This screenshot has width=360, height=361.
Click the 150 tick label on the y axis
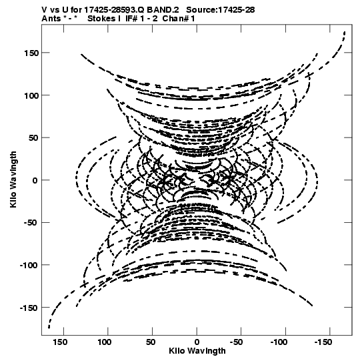click(31, 53)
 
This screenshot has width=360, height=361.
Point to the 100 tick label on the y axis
click(31, 95)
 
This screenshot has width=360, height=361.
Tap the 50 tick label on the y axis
click(34, 138)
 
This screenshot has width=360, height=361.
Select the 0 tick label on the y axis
click(35, 180)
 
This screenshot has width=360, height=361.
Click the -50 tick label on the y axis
click(31, 223)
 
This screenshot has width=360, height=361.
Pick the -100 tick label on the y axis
click(29, 266)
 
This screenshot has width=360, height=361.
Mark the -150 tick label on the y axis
click(29, 308)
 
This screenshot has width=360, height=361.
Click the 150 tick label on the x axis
click(60, 342)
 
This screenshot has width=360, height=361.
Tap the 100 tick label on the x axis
click(105, 342)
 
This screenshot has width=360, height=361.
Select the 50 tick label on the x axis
click(151, 342)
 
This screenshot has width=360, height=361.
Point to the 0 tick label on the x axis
click(197, 342)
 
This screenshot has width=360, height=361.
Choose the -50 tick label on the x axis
click(237, 342)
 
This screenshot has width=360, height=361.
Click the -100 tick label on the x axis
click(279, 342)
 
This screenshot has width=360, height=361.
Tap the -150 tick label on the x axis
click(323, 342)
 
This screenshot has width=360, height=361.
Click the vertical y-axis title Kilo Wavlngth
click(13, 179)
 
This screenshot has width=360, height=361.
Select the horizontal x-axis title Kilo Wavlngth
click(197, 351)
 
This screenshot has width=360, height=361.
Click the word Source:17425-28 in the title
click(221, 10)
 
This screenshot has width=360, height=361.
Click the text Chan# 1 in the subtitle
click(179, 19)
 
